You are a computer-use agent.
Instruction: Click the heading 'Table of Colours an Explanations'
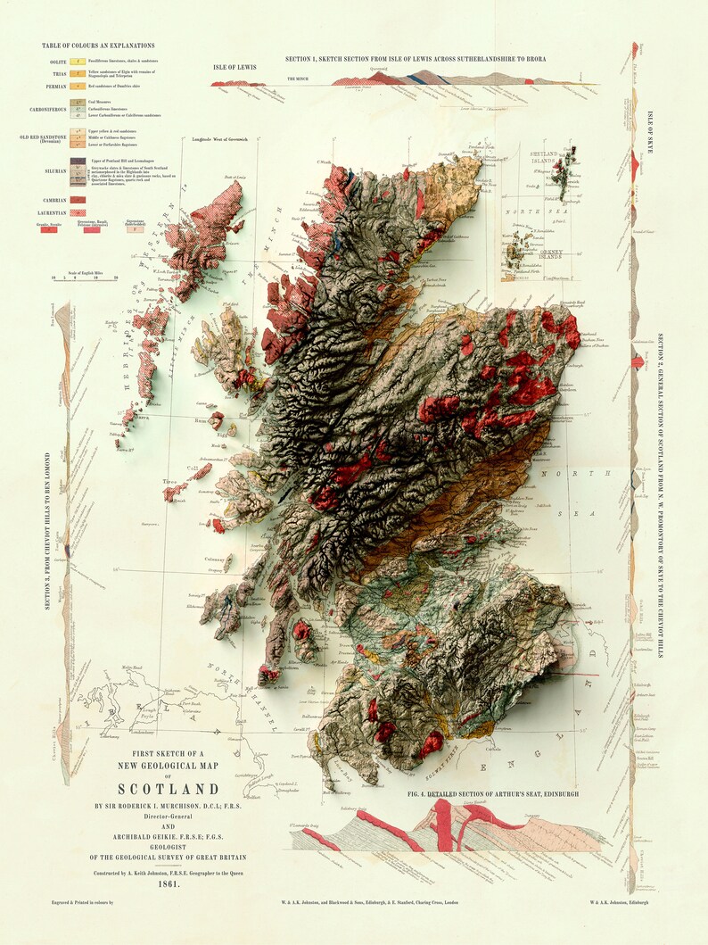pyautogui.click(x=97, y=45)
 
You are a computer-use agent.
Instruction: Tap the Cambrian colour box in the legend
pyautogui.click(x=78, y=200)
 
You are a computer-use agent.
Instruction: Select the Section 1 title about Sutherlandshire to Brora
pyautogui.click(x=416, y=59)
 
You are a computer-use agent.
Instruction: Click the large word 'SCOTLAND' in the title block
pyautogui.click(x=169, y=789)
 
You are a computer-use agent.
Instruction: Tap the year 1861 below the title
pyautogui.click(x=169, y=884)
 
